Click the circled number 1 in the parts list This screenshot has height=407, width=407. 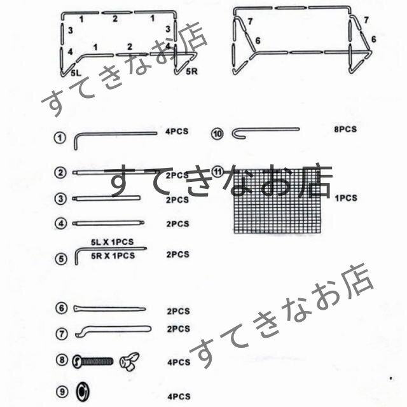click(60, 137)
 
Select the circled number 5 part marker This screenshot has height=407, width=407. click(60, 258)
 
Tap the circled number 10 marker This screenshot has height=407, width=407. click(218, 134)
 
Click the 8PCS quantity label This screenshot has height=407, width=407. click(345, 130)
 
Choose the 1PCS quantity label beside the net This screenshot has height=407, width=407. click(345, 198)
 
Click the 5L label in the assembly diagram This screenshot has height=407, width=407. click(76, 74)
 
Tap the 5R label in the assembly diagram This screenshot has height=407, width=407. click(191, 72)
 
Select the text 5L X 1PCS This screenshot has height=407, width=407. click(113, 243)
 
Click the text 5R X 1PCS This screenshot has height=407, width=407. click(113, 256)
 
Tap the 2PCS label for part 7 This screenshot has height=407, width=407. click(178, 329)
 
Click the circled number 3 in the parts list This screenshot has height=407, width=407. click(60, 199)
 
